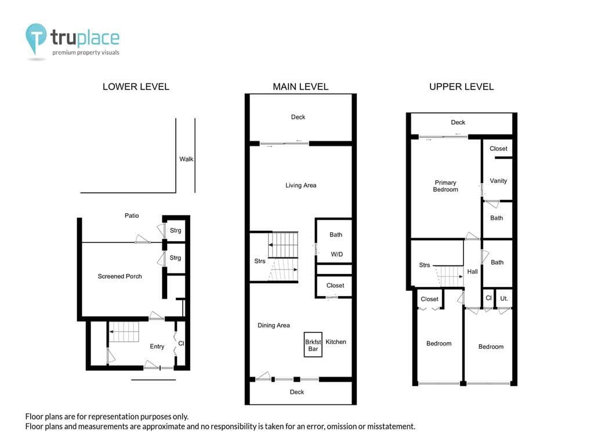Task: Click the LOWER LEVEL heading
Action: point(136,87)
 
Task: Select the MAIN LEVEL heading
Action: point(300,87)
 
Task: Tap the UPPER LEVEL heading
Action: point(461,87)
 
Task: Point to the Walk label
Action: point(186,159)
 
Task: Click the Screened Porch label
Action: point(119,276)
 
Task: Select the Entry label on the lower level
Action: point(157,346)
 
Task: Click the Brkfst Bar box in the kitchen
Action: point(313,345)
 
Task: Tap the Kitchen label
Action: point(335,342)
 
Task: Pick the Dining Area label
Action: point(273,326)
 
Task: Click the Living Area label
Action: point(300,185)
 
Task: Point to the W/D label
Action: point(336,254)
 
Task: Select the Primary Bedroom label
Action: point(445,186)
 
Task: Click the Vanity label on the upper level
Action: point(498,181)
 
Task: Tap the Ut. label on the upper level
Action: point(504,298)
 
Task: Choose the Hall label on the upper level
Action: point(472,272)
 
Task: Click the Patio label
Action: point(132,216)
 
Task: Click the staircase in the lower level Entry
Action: point(125,332)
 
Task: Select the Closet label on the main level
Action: point(335,286)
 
